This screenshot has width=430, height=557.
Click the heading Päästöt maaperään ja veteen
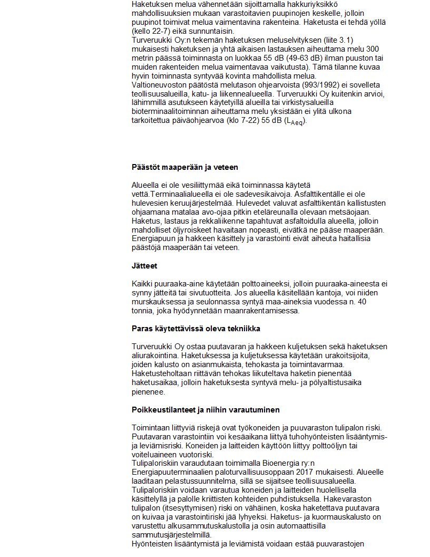click(184, 167)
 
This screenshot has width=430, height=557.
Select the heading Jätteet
click(144, 266)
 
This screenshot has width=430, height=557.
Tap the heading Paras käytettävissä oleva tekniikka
click(196, 329)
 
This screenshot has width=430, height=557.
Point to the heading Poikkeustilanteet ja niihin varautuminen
click(206, 409)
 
